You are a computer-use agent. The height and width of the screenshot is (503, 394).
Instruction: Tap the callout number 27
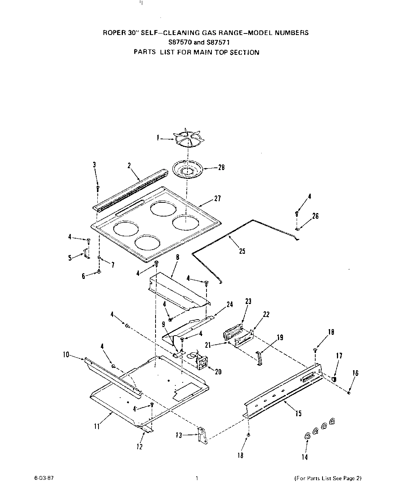(x=217, y=198)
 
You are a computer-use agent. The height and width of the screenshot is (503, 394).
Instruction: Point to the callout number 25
(x=242, y=251)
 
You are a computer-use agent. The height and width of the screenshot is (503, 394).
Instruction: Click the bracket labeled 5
(x=86, y=253)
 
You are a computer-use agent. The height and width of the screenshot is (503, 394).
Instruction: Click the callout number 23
(x=248, y=302)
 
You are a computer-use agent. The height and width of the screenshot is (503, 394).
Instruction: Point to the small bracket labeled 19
(x=259, y=359)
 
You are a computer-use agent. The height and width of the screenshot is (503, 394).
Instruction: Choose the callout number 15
(x=299, y=413)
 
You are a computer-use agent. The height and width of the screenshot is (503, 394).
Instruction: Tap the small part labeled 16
(x=349, y=393)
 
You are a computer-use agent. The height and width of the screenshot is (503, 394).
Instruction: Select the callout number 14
(x=305, y=457)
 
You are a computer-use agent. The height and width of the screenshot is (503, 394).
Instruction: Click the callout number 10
(x=67, y=355)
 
